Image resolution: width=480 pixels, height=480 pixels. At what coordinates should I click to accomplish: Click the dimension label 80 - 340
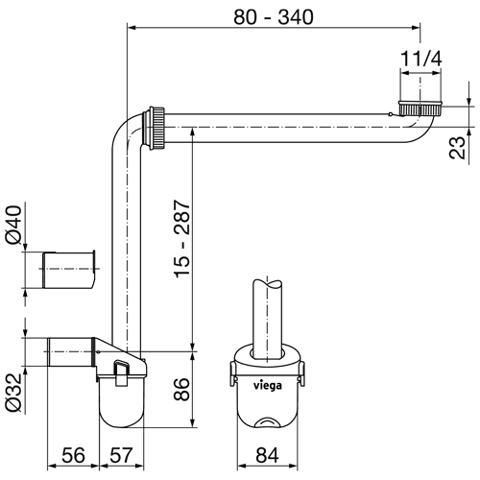tap(274, 17)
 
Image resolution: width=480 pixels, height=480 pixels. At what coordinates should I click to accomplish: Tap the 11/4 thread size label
tap(421, 59)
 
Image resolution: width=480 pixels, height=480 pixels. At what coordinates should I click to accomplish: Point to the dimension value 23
tap(458, 148)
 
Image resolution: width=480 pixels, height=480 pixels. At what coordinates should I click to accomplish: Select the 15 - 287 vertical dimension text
tap(182, 239)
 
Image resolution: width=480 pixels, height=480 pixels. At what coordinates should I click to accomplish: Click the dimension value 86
tap(181, 389)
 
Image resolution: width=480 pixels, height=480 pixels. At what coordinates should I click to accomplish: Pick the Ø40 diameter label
tap(13, 225)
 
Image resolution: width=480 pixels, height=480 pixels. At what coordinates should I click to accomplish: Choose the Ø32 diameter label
tap(13, 393)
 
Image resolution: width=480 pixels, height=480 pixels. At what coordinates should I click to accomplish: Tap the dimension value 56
tap(73, 455)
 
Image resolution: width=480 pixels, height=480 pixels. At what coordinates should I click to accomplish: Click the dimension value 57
tap(121, 455)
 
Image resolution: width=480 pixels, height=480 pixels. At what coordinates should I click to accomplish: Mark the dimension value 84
tap(268, 455)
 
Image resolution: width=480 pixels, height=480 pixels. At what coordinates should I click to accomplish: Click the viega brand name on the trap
tap(268, 385)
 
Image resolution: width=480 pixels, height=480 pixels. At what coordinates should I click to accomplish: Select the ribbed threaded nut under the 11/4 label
tap(420, 108)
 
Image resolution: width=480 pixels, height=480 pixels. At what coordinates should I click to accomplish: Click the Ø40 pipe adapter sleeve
tap(69, 270)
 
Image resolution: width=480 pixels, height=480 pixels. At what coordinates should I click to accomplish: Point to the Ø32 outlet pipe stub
tap(71, 352)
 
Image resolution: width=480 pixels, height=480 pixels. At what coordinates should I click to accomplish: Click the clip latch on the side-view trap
tap(121, 372)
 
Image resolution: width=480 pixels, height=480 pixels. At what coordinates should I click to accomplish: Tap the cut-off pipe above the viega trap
tap(268, 317)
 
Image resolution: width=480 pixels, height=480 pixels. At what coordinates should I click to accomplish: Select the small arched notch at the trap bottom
tap(268, 422)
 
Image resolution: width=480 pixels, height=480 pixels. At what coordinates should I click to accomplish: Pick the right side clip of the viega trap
tap(301, 373)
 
